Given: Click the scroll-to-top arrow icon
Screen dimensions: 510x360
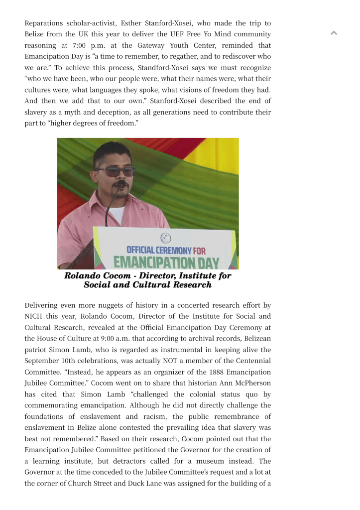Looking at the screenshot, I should (334, 33).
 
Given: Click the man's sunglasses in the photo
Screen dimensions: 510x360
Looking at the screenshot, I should (115, 171).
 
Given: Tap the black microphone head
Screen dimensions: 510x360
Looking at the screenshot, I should (121, 185).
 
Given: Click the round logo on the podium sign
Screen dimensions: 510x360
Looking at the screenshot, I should (165, 239).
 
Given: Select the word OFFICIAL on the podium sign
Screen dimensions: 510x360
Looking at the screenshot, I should (140, 251).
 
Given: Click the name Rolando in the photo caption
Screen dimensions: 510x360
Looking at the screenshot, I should (83, 276).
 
